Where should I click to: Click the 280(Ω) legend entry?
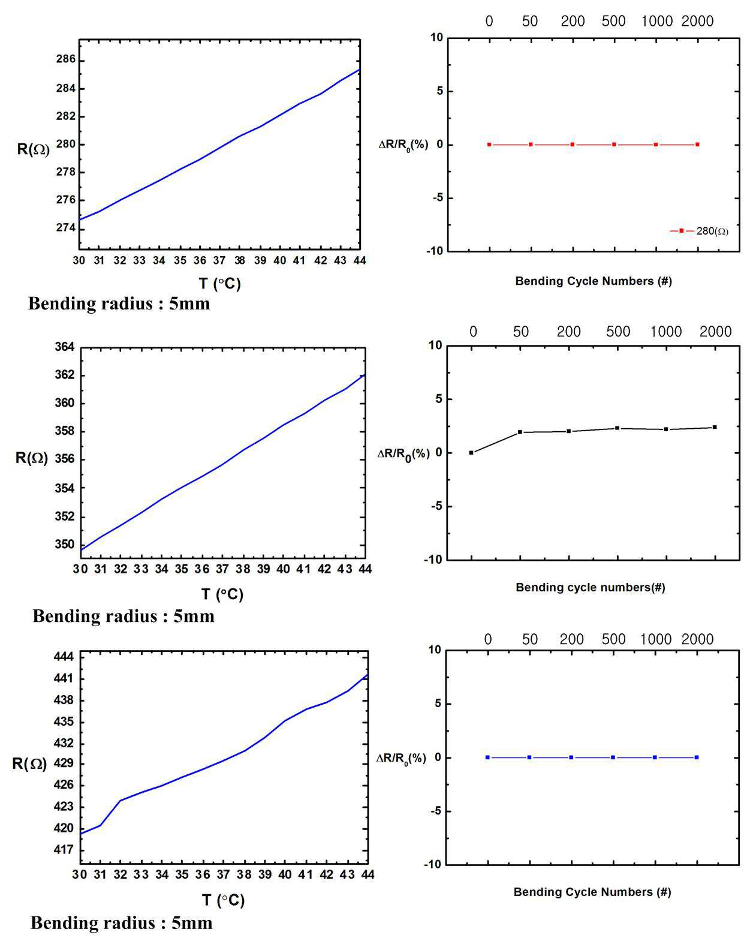pyautogui.click(x=699, y=230)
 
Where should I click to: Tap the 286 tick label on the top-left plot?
pyautogui.click(x=65, y=59)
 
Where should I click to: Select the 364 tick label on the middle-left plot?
pyautogui.click(x=64, y=347)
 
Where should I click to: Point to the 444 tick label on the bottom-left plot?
pyautogui.click(x=64, y=657)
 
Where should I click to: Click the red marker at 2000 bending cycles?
pyautogui.click(x=698, y=145)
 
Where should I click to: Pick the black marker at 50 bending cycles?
pyautogui.click(x=520, y=432)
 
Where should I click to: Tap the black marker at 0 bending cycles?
pyautogui.click(x=471, y=453)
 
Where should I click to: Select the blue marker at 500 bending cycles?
pyautogui.click(x=613, y=757)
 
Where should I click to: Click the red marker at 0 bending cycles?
pyautogui.click(x=489, y=145)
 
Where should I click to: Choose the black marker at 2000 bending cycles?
pyautogui.click(x=715, y=427)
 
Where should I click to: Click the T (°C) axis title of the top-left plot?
pyautogui.click(x=220, y=284)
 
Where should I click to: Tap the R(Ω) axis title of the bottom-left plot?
pyautogui.click(x=29, y=763)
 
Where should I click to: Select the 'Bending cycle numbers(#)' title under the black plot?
pyautogui.click(x=591, y=587)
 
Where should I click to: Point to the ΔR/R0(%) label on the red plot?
pyautogui.click(x=403, y=146)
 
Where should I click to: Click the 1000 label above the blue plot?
pyautogui.click(x=656, y=639)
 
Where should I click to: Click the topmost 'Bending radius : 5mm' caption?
pyautogui.click(x=119, y=303)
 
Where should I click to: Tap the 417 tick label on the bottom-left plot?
pyautogui.click(x=64, y=850)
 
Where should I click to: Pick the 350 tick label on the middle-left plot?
pyautogui.click(x=64, y=545)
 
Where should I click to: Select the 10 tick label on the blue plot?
pyautogui.click(x=435, y=650)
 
